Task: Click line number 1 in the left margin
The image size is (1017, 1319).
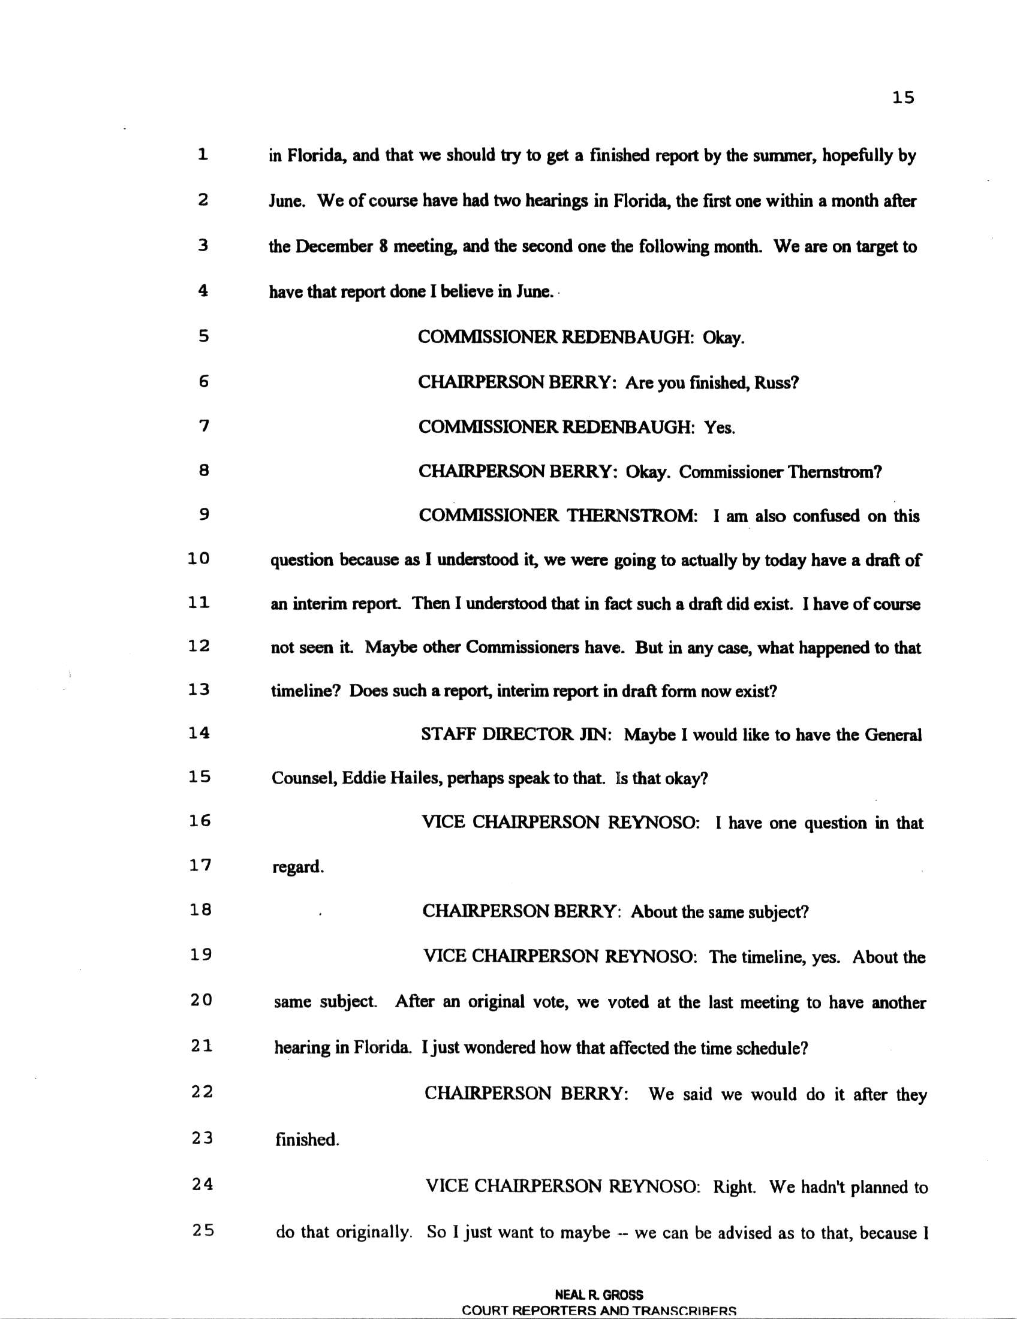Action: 203,155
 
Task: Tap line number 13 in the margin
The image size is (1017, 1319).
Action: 198,689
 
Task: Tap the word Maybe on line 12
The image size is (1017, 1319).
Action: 392,648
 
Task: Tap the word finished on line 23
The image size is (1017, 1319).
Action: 307,1140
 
